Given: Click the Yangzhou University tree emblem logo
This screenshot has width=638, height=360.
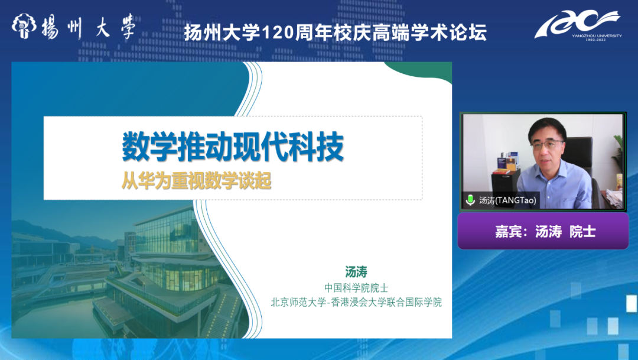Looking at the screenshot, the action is coord(24,26).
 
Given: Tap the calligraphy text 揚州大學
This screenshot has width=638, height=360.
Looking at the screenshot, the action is coord(88,27).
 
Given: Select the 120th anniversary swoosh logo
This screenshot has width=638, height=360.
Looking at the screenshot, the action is coord(578,25).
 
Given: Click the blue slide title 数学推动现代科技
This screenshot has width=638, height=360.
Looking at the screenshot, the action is coord(233,147).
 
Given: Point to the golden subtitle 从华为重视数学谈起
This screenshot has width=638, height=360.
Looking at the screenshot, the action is coord(197,180).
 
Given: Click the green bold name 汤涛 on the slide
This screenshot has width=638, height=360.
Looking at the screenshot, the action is coord(356,272).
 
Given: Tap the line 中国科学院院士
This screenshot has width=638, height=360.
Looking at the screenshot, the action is coord(356,288).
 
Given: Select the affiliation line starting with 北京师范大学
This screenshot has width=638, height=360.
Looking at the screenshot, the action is coord(356,302).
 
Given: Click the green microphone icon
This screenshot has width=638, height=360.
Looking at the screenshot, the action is coord(470,200).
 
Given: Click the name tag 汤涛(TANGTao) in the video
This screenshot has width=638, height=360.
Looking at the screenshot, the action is coord(507,200).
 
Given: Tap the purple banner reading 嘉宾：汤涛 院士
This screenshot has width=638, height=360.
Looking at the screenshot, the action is coord(543,231).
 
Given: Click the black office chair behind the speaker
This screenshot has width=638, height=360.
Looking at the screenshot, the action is coord(581,163).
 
